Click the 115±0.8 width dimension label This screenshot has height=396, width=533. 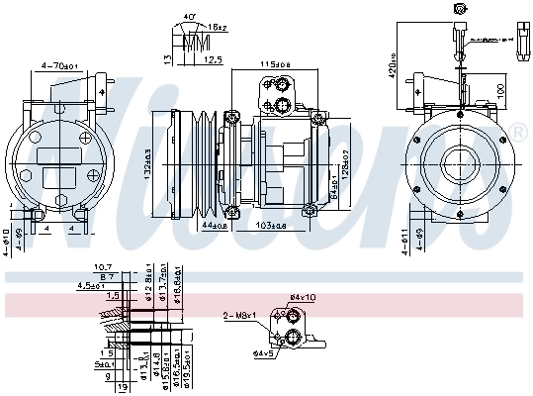point(276,65)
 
